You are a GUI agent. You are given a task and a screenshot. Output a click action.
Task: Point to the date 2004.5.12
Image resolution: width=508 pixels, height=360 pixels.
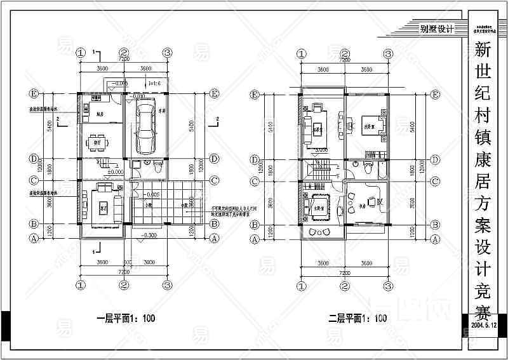(487, 324)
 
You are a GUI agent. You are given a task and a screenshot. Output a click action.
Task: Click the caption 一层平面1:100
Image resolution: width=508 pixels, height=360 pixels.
(124, 318)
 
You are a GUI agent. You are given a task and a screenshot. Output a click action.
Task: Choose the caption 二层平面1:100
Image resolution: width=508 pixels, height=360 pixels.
(358, 318)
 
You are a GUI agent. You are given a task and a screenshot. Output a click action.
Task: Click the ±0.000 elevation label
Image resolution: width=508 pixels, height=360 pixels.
(116, 172)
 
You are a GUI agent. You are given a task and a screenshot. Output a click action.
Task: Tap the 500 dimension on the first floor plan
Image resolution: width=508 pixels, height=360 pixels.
(127, 262)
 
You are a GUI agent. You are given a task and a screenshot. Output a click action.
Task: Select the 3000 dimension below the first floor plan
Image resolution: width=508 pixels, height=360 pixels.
(150, 262)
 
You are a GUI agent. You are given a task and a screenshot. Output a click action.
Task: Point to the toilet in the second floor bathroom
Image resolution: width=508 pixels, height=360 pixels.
(368, 168)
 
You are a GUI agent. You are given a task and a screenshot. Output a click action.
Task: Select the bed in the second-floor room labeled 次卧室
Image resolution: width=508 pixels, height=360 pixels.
(371, 123)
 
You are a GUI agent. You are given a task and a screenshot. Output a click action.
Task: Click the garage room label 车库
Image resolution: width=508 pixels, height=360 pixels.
(163, 110)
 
